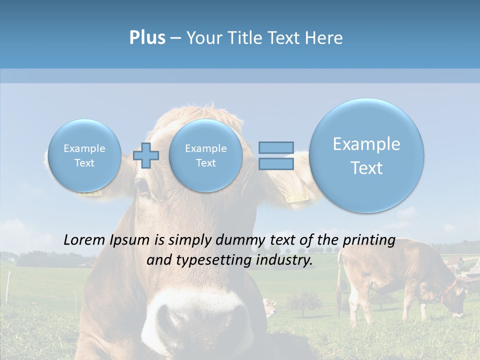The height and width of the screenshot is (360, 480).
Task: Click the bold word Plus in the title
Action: (x=147, y=38)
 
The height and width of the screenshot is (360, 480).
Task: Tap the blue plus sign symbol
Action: (x=146, y=155)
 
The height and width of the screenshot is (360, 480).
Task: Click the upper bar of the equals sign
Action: (x=275, y=147)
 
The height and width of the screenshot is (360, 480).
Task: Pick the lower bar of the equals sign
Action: (x=275, y=164)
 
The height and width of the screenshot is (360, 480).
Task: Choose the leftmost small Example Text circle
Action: (x=84, y=155)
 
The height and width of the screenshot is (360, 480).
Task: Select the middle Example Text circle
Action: (x=205, y=155)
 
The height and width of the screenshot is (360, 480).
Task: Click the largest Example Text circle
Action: (x=366, y=155)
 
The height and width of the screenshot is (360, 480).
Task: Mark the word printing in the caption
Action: (x=370, y=240)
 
